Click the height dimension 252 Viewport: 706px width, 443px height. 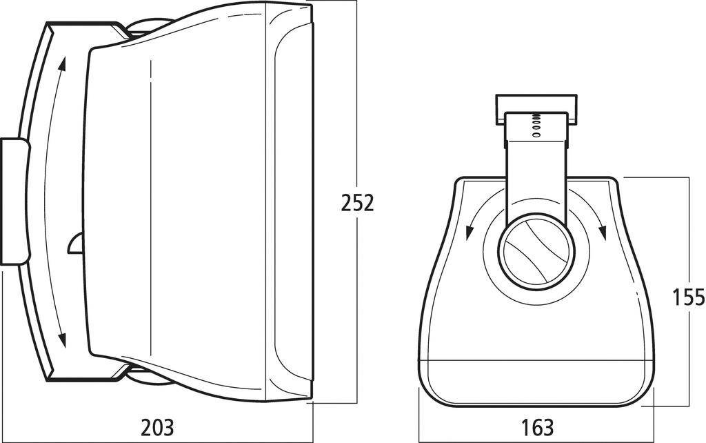tap(357, 203)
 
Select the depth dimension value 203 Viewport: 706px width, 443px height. tap(157, 427)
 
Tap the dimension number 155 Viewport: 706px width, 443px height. tap(688, 297)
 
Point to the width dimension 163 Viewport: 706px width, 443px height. tap(537, 427)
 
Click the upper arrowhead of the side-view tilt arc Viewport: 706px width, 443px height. tap(63, 65)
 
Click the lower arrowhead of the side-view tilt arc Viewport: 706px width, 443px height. tap(63, 339)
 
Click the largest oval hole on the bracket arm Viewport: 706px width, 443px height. tap(536, 135)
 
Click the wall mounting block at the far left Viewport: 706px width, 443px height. tap(14, 201)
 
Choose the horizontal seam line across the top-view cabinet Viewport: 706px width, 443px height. tap(536, 360)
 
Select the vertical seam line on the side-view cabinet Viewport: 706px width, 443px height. tap(150, 207)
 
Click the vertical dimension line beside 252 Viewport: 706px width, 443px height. tap(356, 104)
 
